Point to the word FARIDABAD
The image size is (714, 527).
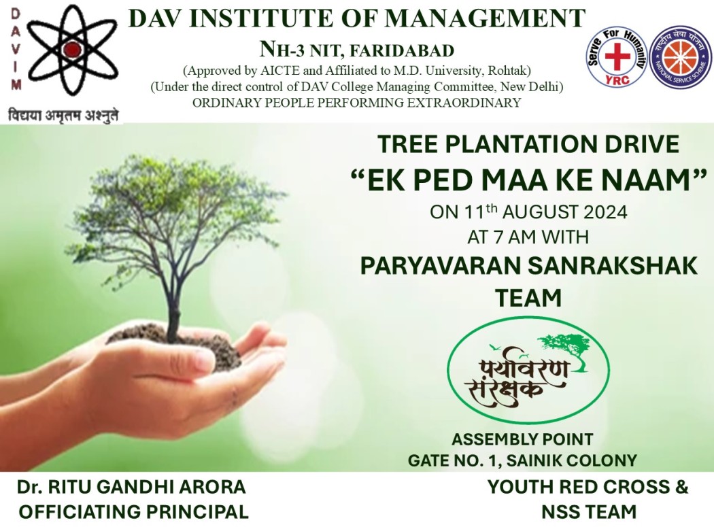[x=401, y=50]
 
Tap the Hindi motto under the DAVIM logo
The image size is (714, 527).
[x=63, y=115]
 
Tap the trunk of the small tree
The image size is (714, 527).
[x=172, y=301]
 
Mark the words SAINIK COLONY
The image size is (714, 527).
[x=571, y=460]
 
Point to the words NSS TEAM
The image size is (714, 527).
[x=589, y=512]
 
